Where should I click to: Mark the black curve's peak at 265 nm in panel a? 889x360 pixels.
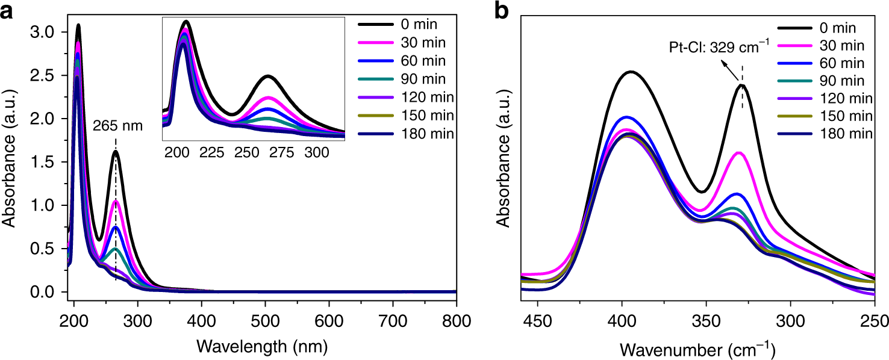pyautogui.click(x=116, y=151)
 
